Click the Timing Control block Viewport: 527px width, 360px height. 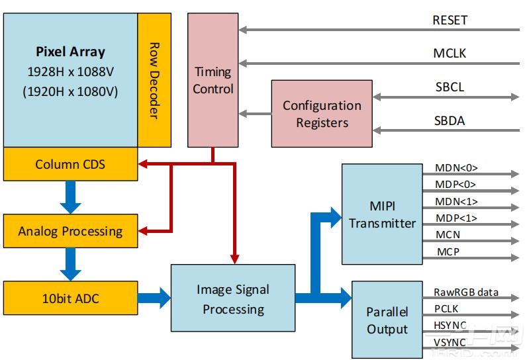pyautogui.click(x=213, y=79)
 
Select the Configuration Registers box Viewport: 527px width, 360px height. pyautogui.click(x=322, y=113)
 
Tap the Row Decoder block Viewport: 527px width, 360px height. pyautogui.click(x=154, y=80)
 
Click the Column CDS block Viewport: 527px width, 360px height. pyautogui.click(x=71, y=163)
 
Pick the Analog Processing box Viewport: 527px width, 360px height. pyautogui.click(x=71, y=231)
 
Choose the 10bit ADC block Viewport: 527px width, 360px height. pyautogui.click(x=71, y=298)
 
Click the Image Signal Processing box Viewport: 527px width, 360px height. pyautogui.click(x=233, y=298)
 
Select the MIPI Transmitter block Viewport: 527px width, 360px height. pyautogui.click(x=382, y=214)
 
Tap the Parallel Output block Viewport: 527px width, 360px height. pyautogui.click(x=387, y=320)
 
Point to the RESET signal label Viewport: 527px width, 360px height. pyautogui.click(x=450, y=20)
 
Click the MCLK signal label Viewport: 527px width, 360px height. pyautogui.click(x=450, y=53)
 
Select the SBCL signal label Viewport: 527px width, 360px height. pyautogui.click(x=450, y=87)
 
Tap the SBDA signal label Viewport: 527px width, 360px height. pyautogui.click(x=450, y=120)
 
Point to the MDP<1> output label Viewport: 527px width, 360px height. pyautogui.click(x=455, y=218)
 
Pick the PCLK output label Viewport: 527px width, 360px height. pyautogui.click(x=446, y=308)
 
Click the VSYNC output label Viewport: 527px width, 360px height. pyautogui.click(x=450, y=341)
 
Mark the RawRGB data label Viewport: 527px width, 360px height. pyautogui.click(x=466, y=292)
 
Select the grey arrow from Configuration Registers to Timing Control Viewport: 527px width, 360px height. pyautogui.click(x=255, y=114)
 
